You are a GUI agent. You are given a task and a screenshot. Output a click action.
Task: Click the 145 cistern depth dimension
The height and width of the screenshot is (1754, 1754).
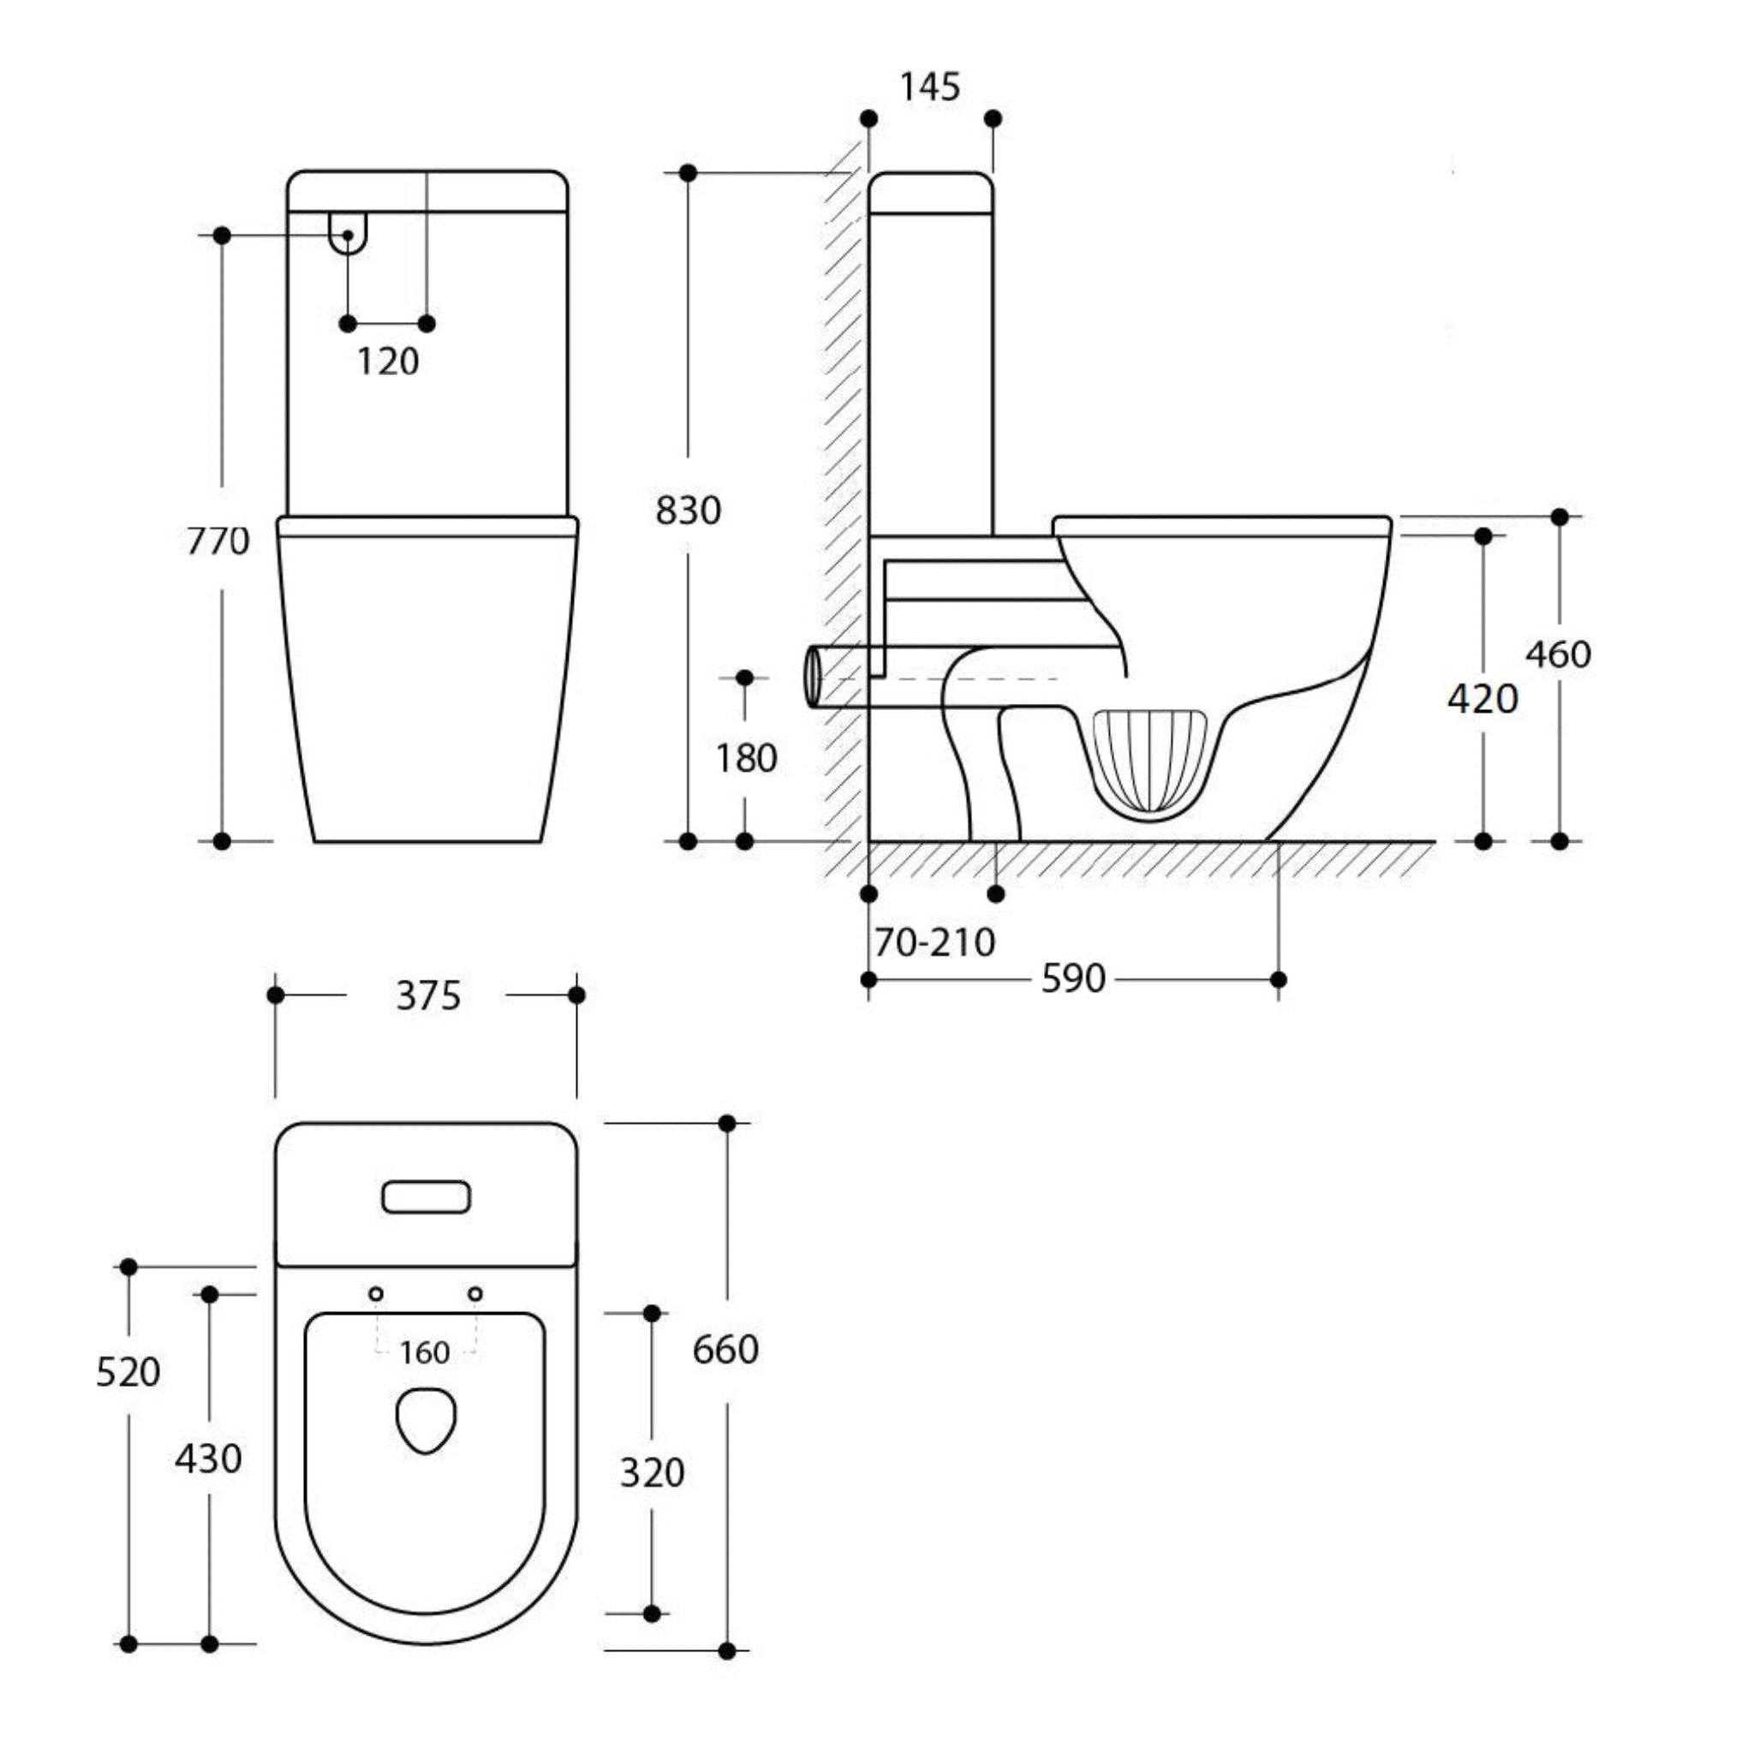pos(928,87)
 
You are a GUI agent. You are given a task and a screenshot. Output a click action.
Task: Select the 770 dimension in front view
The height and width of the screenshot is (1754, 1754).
pos(218,542)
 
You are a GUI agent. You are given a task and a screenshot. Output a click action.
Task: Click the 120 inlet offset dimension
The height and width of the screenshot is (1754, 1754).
pos(388,362)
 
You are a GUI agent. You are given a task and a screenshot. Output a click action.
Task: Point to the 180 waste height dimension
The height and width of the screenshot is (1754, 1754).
pos(746,758)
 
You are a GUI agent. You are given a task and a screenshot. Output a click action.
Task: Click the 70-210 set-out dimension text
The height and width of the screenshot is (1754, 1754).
pos(934,942)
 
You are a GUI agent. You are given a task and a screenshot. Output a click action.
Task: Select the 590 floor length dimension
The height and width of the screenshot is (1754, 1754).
pos(1073,979)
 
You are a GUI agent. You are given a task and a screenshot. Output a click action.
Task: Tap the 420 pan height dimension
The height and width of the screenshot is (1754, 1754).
pos(1483,698)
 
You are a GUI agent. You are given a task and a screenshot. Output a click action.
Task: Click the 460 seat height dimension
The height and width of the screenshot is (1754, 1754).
pos(1558,654)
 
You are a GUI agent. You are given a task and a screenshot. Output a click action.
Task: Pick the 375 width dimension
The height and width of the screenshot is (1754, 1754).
pos(427,996)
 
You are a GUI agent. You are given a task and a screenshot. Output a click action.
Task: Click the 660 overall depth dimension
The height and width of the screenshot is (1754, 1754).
pos(725,1350)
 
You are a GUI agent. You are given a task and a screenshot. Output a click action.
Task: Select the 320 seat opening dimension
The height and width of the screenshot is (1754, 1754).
pos(651,1471)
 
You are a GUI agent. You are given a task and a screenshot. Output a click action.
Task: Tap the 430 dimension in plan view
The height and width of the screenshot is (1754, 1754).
pos(208,1459)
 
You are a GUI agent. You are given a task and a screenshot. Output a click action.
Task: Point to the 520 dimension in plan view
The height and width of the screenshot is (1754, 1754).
pos(128,1372)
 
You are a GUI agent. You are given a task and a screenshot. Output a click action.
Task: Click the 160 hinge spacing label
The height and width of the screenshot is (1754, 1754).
pos(425,1354)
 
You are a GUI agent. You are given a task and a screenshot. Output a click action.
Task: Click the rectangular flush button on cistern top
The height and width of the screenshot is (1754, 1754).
pos(426,1197)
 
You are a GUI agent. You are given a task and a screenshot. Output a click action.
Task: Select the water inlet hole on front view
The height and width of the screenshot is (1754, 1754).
pos(348,234)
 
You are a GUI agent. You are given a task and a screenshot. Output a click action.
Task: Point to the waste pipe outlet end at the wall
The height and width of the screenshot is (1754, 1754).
pos(812,677)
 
